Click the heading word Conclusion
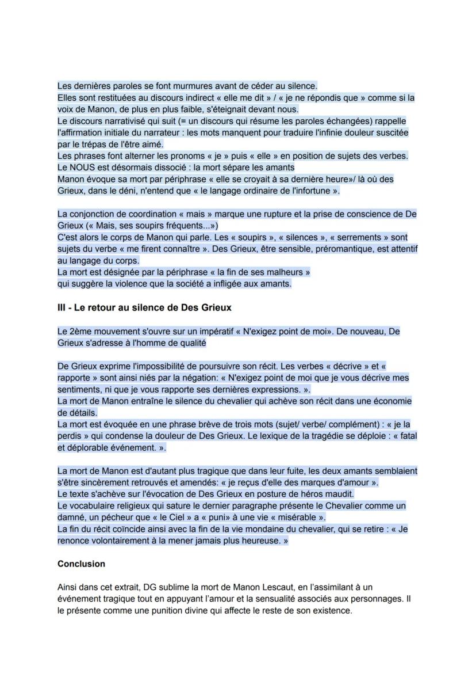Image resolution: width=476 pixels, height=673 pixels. click(81, 564)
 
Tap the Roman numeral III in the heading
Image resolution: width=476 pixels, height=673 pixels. click(62, 307)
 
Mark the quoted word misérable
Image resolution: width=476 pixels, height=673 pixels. click(297, 517)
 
